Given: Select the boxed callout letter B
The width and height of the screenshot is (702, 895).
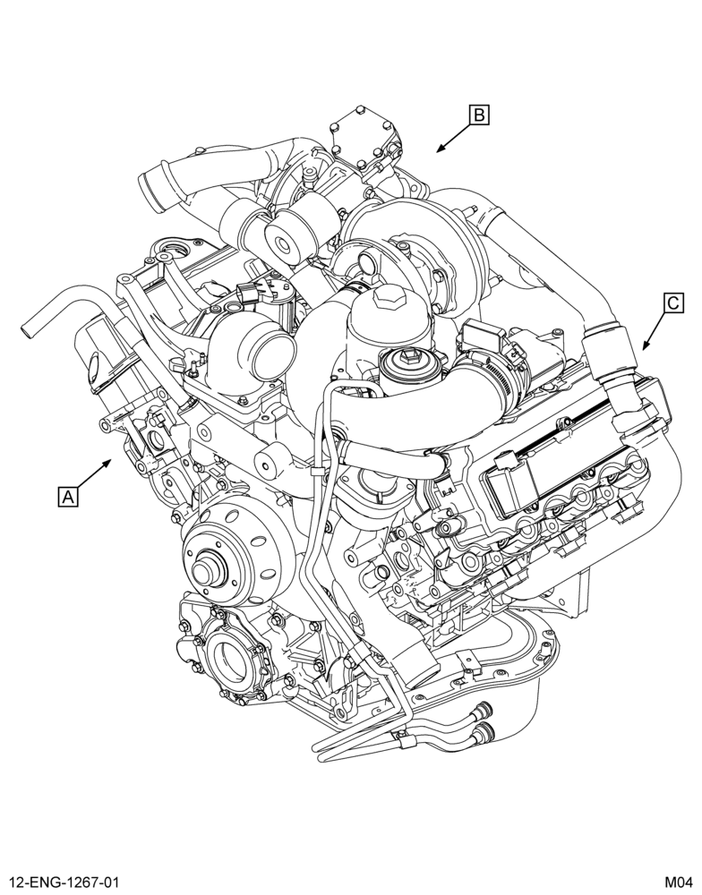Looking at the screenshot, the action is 479,115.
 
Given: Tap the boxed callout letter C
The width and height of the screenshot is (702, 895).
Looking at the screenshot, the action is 673,303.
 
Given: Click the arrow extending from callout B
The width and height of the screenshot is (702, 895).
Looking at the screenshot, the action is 454,138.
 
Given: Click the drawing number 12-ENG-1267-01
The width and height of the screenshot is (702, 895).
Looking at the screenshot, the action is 63,882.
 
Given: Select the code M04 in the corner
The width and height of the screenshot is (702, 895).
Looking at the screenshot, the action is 678,882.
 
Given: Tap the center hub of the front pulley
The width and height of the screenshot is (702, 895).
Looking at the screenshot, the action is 206,571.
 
